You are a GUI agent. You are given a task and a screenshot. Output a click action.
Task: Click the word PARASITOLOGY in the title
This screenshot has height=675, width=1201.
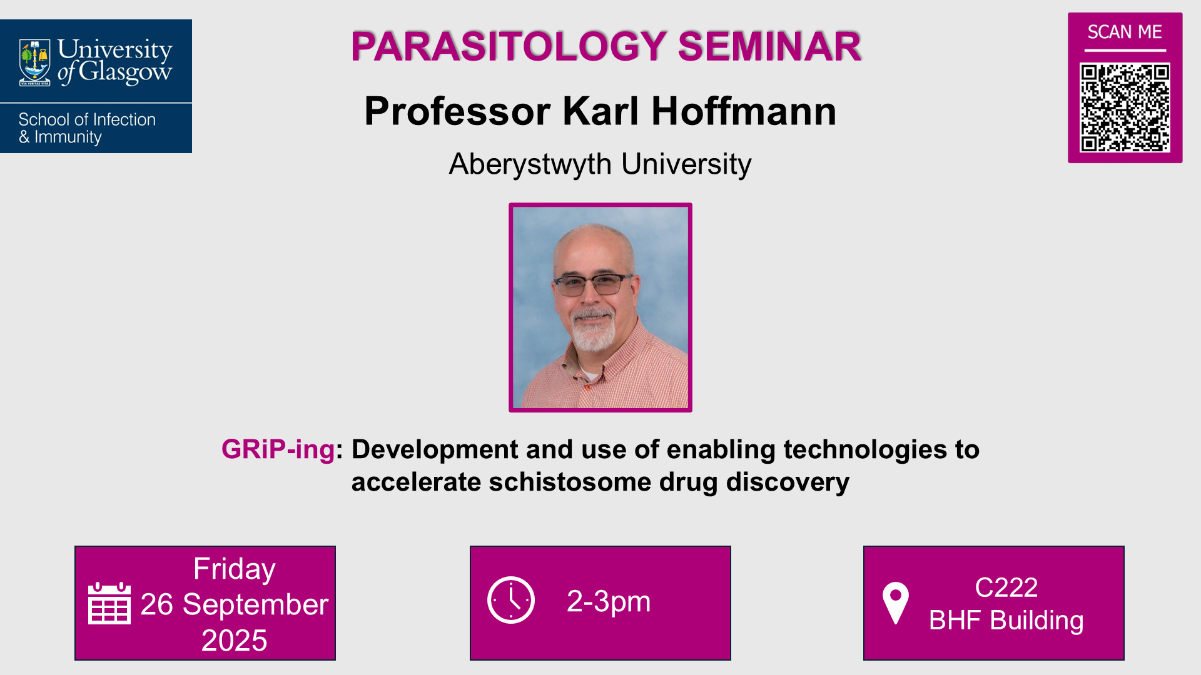[509, 46]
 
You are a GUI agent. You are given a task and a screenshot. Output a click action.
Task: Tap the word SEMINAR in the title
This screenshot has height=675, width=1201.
[769, 46]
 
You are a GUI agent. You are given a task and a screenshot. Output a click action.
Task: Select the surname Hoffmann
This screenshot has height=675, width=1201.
[743, 111]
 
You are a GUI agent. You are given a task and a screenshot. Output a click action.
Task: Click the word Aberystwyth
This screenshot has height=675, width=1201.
[530, 164]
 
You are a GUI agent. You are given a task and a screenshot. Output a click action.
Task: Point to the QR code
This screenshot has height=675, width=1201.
[1125, 107]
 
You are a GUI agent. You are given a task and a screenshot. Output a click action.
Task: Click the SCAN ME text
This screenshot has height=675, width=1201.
[1125, 32]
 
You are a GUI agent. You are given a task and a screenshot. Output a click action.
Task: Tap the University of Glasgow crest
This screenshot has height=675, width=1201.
[35, 62]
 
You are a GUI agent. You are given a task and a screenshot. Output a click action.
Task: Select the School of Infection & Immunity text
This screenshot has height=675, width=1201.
[86, 128]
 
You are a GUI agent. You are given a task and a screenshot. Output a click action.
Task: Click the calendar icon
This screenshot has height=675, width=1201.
[109, 603]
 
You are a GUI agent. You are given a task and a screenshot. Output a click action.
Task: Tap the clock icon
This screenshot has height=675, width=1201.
[511, 600]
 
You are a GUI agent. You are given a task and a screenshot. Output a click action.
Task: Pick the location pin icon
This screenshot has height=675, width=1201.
[895, 602]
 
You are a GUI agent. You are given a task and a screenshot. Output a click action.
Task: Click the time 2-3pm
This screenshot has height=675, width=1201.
[608, 601]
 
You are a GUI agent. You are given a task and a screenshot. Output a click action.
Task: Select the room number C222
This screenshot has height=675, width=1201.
[1006, 587]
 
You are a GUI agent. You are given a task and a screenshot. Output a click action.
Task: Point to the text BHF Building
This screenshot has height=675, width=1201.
[1006, 621]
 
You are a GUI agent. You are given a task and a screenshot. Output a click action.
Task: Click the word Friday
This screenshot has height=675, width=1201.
[234, 569]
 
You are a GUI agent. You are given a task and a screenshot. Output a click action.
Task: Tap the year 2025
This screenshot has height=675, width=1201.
[234, 641]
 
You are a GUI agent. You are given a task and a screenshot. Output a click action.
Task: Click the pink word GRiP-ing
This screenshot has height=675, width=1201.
[278, 449]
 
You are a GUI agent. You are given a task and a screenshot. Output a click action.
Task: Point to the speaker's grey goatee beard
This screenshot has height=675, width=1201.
[592, 331]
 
